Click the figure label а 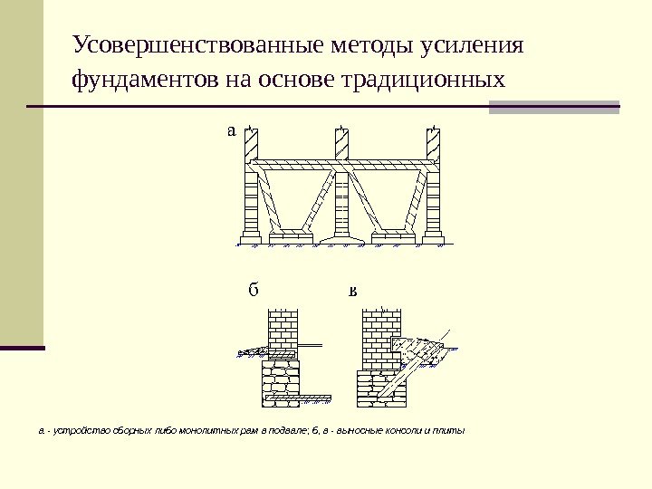(231, 130)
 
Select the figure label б (254, 292)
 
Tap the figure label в (353, 292)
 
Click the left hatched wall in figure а (251, 143)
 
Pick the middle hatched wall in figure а (342, 143)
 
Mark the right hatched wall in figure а (434, 143)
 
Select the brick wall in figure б (283, 331)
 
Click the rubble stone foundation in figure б (281, 375)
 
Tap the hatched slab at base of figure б (294, 396)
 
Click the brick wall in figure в (379, 335)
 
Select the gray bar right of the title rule (554, 107)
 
